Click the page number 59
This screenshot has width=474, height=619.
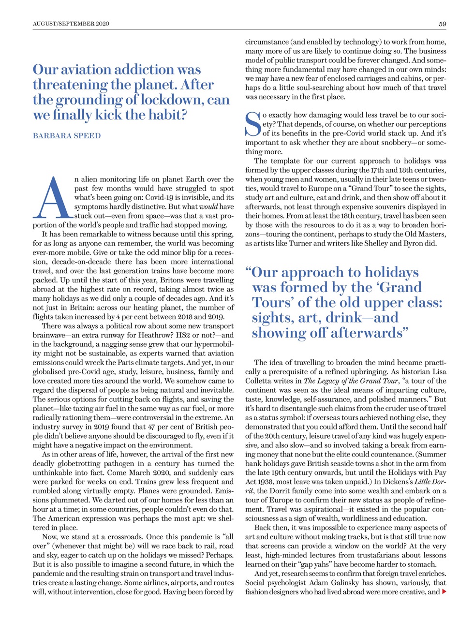(442, 24)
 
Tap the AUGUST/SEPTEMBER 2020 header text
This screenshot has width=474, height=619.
(71, 24)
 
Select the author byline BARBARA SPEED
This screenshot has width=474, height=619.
(67, 136)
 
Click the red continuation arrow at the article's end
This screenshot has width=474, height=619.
(444, 591)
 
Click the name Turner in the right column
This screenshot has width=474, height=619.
(301, 243)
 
